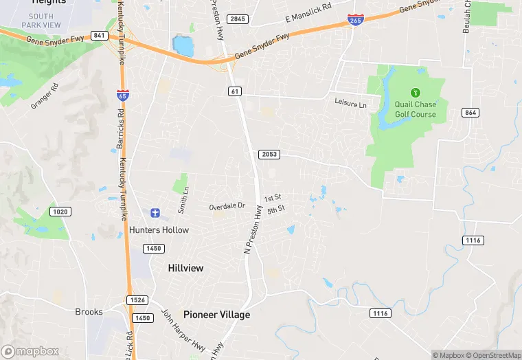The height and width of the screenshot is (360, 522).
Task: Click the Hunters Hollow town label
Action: (x=159, y=229)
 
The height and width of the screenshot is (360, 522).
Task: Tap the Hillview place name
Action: (x=185, y=268)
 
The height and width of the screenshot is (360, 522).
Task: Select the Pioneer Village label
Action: (x=216, y=314)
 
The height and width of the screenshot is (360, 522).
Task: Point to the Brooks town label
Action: (x=89, y=311)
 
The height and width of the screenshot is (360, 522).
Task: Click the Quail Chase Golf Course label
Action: (x=415, y=109)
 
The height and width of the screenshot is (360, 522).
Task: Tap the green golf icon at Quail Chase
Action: (x=415, y=93)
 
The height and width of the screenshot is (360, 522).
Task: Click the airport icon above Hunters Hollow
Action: (x=156, y=214)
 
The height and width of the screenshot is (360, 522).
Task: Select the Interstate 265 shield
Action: (x=356, y=20)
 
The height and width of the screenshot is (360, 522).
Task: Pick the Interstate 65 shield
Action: (x=122, y=95)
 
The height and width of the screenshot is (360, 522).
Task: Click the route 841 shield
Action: (x=100, y=35)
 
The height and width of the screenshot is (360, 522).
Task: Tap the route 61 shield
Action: (x=236, y=91)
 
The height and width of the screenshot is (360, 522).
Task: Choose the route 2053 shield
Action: (x=269, y=154)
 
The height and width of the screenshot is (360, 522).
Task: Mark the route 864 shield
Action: (x=470, y=113)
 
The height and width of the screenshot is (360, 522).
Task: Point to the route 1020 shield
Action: (x=60, y=211)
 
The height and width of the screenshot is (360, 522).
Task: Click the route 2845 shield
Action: (x=238, y=19)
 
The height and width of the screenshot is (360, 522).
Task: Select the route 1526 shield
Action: (x=136, y=300)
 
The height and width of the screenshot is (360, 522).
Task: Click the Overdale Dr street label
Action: (x=227, y=205)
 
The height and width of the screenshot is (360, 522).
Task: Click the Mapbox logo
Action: (x=30, y=351)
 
